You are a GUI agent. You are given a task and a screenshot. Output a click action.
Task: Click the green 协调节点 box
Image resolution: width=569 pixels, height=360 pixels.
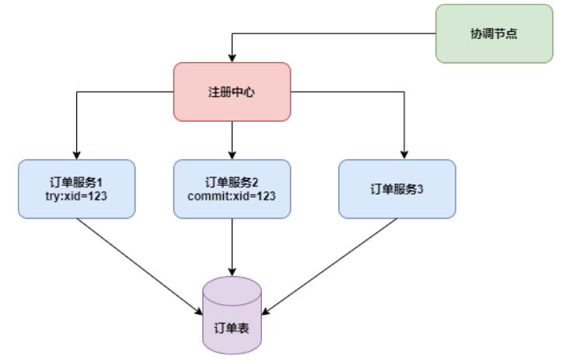click(494, 33)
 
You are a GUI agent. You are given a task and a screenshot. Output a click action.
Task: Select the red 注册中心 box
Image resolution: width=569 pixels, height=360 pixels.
click(232, 92)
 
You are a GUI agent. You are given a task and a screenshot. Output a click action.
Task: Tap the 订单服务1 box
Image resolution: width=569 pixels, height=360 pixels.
click(77, 189)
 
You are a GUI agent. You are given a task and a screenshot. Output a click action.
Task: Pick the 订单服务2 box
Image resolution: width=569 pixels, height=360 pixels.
click(232, 189)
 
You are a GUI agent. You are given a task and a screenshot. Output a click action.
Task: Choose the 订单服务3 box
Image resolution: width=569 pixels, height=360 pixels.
click(397, 189)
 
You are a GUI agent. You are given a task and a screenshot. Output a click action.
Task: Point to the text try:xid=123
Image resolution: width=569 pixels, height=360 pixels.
click(77, 196)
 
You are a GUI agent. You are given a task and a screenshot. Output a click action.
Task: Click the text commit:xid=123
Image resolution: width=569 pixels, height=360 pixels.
click(232, 196)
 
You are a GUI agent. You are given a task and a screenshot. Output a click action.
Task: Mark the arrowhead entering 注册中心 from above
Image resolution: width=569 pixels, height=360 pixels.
click(232, 58)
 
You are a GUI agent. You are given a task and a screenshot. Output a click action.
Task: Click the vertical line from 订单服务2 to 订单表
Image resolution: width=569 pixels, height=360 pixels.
click(232, 245)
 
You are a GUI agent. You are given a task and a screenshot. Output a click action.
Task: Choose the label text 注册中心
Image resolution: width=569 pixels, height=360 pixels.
click(232, 92)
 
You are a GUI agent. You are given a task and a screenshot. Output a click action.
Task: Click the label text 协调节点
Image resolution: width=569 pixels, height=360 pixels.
click(494, 33)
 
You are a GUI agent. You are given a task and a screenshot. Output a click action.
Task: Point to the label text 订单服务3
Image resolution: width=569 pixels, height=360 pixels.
click(397, 189)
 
